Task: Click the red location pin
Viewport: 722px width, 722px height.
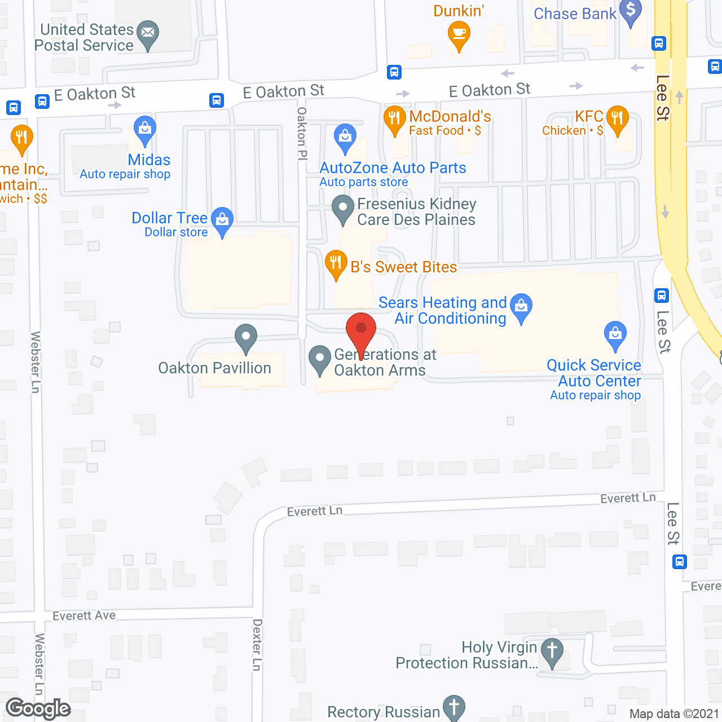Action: [361, 330]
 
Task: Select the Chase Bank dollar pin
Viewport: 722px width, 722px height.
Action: [631, 11]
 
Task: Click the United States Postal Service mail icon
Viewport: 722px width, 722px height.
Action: [148, 33]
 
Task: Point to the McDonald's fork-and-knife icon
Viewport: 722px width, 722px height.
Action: [394, 119]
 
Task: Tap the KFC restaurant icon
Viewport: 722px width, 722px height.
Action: [618, 119]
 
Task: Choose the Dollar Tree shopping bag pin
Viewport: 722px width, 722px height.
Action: [222, 220]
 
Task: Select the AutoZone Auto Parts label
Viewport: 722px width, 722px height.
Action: [393, 168]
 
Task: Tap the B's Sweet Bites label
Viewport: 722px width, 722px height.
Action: [403, 267]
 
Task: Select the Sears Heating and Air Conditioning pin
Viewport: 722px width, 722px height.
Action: [521, 307]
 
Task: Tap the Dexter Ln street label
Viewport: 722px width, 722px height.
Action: [257, 645]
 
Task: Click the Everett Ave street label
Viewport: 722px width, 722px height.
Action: [84, 615]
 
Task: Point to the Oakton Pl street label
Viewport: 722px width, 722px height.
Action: [302, 134]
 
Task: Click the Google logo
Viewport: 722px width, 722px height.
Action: [38, 708]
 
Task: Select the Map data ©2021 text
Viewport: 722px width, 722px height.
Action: [674, 714]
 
